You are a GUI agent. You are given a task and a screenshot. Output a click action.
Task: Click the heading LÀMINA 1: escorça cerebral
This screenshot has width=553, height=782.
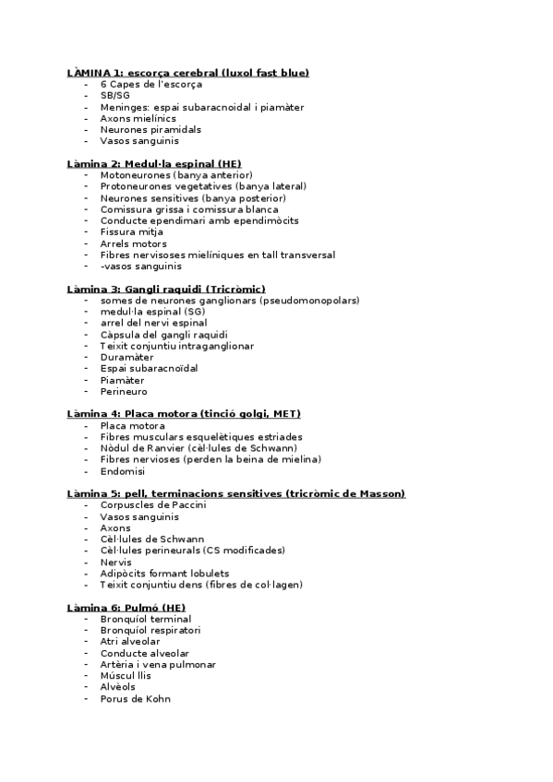(x=187, y=73)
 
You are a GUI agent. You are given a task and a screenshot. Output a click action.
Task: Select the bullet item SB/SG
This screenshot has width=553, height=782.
(x=115, y=96)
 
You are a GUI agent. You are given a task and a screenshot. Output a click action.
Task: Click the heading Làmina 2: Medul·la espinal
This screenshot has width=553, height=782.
(x=154, y=163)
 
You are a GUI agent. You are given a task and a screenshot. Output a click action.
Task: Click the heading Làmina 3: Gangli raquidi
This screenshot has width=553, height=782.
(x=166, y=289)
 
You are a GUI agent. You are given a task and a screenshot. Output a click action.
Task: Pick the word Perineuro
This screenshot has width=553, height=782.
(x=125, y=391)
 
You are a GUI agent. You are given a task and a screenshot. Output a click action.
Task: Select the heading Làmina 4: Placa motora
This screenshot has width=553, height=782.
(x=184, y=414)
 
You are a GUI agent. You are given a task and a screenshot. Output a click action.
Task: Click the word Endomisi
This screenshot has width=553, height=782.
(x=123, y=471)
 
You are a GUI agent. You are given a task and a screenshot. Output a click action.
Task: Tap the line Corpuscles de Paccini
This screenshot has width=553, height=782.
(x=153, y=505)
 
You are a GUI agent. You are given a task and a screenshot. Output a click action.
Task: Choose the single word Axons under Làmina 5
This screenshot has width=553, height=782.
(x=116, y=527)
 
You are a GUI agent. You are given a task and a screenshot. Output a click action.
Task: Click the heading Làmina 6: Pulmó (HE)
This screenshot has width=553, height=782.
(x=126, y=608)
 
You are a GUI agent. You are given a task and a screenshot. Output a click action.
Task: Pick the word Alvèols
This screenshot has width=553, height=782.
(x=118, y=687)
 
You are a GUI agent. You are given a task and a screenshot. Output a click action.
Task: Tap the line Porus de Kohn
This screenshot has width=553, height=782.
(x=136, y=699)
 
